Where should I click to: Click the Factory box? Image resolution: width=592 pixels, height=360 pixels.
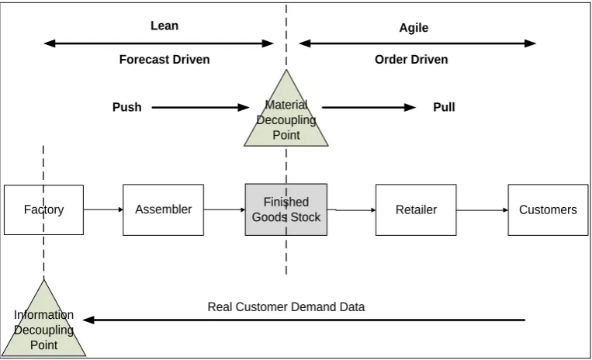tap(43, 209)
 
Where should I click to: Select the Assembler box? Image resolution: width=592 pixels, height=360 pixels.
tap(163, 209)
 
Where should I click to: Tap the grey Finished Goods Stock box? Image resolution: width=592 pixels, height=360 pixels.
tap(286, 209)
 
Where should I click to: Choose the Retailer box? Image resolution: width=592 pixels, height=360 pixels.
tap(416, 209)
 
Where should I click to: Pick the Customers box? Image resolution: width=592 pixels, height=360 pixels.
tap(548, 209)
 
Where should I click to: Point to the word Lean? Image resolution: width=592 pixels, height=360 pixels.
tap(164, 26)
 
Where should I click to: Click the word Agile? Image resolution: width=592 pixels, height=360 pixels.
tap(414, 28)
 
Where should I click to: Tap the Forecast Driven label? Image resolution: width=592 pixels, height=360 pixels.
tap(164, 59)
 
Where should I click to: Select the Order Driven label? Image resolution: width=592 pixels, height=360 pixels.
tap(411, 59)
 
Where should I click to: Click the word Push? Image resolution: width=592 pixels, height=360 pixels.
tap(127, 107)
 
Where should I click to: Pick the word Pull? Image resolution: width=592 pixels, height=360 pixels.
tap(444, 107)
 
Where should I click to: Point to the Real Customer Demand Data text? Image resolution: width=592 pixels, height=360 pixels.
tap(286, 306)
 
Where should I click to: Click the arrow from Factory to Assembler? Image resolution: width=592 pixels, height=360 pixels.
tap(103, 209)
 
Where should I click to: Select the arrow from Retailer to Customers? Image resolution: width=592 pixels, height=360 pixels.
tap(482, 209)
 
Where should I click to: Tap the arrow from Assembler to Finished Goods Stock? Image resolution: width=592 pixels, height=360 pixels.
tap(225, 209)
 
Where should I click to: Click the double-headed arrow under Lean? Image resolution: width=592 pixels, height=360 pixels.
tap(158, 43)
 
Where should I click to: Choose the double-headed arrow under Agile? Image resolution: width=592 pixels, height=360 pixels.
tap(417, 43)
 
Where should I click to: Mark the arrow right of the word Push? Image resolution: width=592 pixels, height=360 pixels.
tap(200, 108)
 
